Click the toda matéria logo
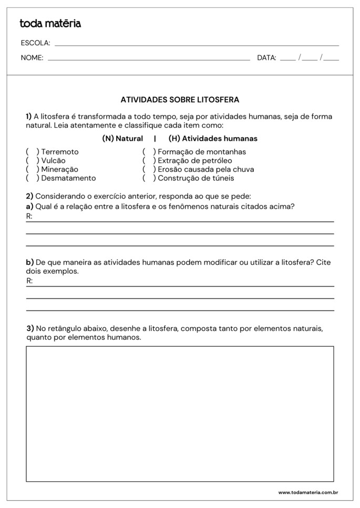point(50,24)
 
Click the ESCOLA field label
point(35,43)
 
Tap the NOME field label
point(32,58)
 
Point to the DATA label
point(266,58)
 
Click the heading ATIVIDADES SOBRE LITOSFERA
point(180,99)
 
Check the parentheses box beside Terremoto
point(33,152)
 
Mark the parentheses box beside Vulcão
point(33,161)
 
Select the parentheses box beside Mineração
point(33,169)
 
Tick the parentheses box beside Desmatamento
point(33,178)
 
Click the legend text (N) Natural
point(122,139)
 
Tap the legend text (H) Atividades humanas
point(213,139)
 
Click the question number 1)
point(29,116)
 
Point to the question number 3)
point(30,328)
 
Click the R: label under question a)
point(29,216)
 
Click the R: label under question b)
point(29,281)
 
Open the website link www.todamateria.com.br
point(307,492)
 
